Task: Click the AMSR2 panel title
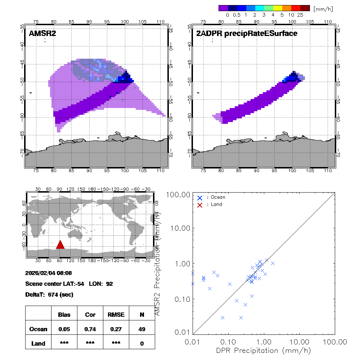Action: [x=42, y=34]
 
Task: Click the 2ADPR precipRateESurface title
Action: [x=247, y=34]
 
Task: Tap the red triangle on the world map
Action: [x=60, y=245]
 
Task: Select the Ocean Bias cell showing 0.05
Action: [x=64, y=329]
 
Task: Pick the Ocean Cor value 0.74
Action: [x=90, y=329]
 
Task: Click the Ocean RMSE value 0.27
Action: [x=116, y=329]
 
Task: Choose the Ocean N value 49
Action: [x=142, y=329]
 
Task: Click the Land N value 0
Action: [x=142, y=343]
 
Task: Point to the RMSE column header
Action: [x=116, y=315]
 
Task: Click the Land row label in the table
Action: [x=39, y=343]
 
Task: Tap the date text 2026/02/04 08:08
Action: [x=49, y=273]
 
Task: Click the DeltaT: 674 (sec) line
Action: [x=49, y=294]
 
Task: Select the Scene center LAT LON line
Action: [x=69, y=284]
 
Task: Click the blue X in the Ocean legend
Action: [x=200, y=198]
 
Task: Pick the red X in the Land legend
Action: [x=200, y=204]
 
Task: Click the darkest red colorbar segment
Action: [x=305, y=8]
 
